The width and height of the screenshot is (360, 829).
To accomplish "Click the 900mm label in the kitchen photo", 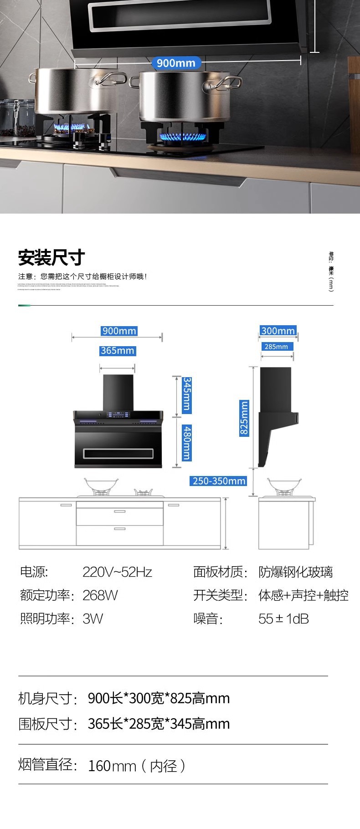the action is [x=175, y=63].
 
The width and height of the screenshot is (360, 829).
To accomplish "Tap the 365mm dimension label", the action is [x=118, y=351].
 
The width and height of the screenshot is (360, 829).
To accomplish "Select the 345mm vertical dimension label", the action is [x=186, y=394].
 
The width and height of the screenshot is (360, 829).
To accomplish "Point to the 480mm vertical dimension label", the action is [x=186, y=443].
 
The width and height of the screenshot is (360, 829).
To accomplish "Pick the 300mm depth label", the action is [x=278, y=331].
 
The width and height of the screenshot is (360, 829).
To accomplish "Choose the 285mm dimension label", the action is [x=276, y=347].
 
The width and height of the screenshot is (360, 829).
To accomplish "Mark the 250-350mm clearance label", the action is [x=219, y=481].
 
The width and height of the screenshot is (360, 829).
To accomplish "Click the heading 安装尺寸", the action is [x=51, y=258].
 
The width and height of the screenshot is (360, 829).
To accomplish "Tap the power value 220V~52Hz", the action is [x=117, y=572].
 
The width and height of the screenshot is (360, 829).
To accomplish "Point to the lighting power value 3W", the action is [x=93, y=619].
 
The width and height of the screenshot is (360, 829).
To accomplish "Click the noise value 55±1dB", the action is [x=283, y=619].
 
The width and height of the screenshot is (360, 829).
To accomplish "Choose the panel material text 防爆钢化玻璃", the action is [x=295, y=572].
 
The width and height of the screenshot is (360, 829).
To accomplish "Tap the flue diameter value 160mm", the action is [x=112, y=766].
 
